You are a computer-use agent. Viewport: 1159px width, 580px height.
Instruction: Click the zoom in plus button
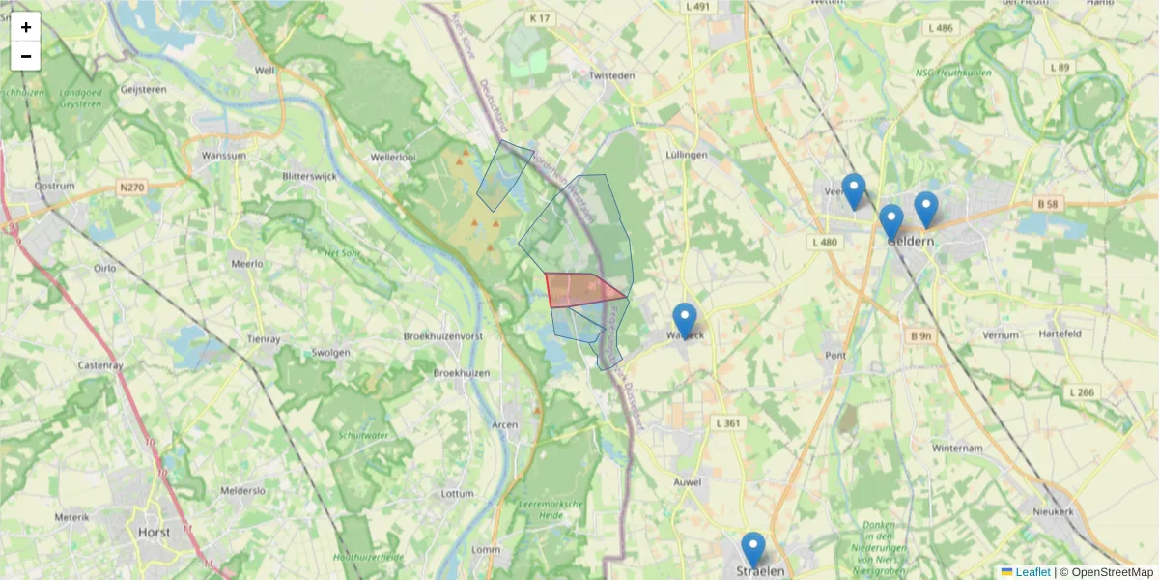click(26, 27)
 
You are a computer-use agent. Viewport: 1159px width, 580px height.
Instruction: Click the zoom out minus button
click(26, 56)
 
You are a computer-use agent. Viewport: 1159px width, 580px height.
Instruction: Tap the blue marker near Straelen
click(752, 549)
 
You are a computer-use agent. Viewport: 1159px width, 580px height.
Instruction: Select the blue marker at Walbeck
click(684, 320)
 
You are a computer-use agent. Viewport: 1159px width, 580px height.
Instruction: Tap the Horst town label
click(155, 532)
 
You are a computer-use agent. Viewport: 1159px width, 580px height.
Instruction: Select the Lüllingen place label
click(688, 155)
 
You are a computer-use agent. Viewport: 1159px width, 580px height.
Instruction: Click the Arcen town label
click(505, 424)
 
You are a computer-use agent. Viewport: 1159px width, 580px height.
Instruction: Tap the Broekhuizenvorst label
click(442, 336)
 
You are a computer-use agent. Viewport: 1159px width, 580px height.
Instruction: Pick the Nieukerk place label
click(1052, 511)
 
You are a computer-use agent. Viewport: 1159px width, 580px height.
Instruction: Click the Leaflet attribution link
click(1032, 572)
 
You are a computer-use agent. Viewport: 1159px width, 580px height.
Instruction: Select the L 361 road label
click(727, 423)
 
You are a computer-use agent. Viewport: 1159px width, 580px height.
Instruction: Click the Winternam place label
click(957, 449)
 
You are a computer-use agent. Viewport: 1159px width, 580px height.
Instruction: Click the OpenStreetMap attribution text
click(1112, 572)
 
